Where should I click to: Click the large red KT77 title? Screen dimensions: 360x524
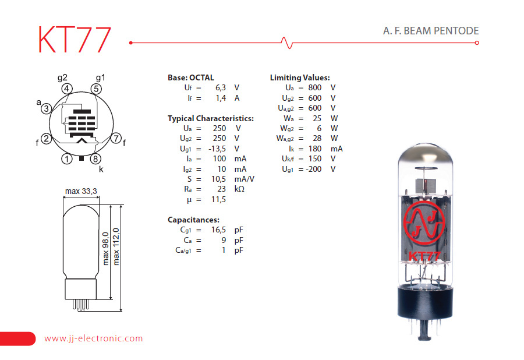(74, 40)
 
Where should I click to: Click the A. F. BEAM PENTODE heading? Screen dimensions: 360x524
(427, 31)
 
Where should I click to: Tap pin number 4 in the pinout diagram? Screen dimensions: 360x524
(67, 89)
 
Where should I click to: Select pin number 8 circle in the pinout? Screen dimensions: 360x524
(95, 158)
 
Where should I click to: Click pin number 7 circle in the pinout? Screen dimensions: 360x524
(116, 139)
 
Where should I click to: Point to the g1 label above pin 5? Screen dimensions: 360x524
(101, 77)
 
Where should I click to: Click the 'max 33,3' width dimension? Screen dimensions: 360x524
(81, 191)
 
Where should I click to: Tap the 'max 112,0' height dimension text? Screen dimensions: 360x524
(117, 245)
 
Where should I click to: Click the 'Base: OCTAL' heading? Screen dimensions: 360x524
(191, 77)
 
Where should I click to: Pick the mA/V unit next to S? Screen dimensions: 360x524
(244, 179)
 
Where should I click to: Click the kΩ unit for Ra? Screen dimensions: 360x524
(240, 189)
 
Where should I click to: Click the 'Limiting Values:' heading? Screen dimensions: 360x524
(300, 77)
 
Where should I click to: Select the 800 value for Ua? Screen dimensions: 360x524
(315, 87)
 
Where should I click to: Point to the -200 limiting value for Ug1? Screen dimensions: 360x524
(312, 169)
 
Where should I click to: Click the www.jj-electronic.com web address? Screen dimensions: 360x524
(93, 338)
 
